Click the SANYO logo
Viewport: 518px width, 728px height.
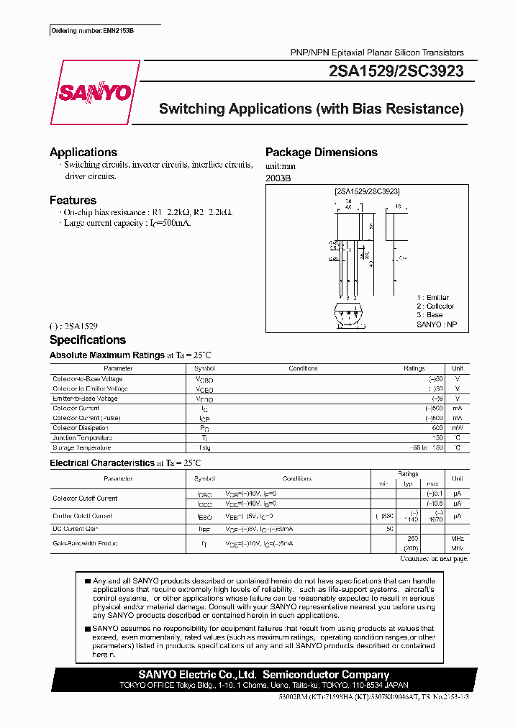(x=94, y=93)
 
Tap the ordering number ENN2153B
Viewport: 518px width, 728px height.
(x=92, y=31)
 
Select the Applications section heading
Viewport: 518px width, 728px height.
(x=83, y=153)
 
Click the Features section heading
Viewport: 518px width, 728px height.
(x=73, y=201)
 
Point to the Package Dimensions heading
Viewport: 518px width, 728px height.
(x=321, y=153)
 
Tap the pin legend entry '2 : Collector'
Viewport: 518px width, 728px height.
(x=435, y=306)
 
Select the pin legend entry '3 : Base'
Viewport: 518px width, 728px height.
(x=430, y=315)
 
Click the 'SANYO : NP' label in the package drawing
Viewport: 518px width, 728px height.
(x=437, y=324)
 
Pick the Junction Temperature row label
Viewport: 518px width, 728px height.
(x=82, y=437)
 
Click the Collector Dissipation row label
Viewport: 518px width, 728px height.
(x=81, y=428)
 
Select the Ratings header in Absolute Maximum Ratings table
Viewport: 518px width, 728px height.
(x=414, y=368)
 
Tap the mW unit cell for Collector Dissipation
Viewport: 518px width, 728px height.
(x=457, y=428)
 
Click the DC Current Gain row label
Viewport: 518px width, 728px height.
(x=76, y=529)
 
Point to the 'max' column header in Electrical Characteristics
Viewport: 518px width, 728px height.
(x=432, y=483)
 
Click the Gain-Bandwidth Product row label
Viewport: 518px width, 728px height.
(x=85, y=543)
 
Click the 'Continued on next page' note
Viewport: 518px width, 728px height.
(x=433, y=559)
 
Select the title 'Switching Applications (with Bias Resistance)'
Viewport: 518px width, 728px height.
(x=311, y=109)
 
